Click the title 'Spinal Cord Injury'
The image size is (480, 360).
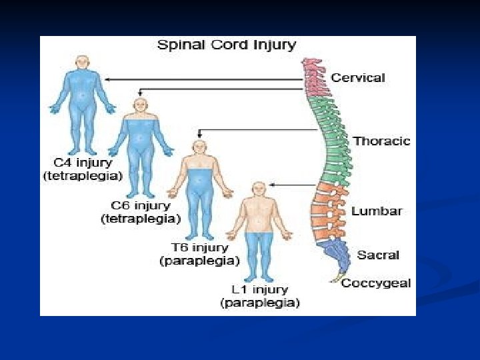(226, 45)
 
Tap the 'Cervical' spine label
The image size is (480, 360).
(358, 77)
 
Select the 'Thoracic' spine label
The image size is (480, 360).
(381, 141)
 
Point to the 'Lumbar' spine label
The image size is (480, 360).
(377, 211)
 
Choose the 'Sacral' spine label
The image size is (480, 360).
(378, 255)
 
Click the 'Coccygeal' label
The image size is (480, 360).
(375, 283)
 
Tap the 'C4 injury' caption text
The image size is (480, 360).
(83, 163)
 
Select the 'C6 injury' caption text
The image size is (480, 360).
(141, 205)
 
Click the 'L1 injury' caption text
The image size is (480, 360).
(259, 290)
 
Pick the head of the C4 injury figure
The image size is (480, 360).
(82, 63)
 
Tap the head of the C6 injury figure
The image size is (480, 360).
(140, 105)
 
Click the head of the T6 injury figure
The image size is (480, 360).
(199, 148)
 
